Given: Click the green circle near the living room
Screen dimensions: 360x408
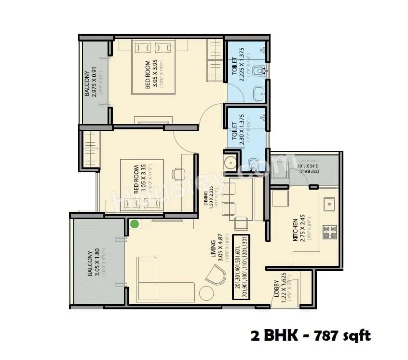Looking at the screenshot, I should click(x=135, y=223).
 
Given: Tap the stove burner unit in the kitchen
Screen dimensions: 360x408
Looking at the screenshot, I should click(x=330, y=232).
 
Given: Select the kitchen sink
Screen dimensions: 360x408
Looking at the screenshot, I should click(x=330, y=203).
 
